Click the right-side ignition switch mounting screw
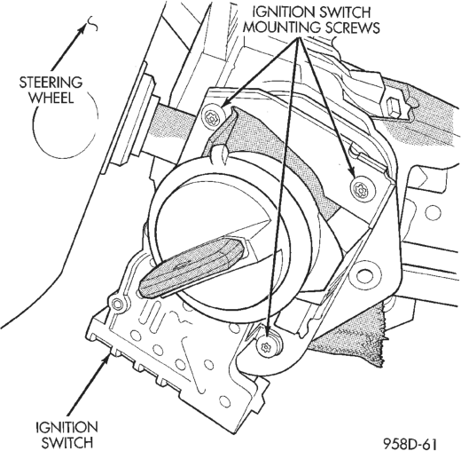click(362, 188)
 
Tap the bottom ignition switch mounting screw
click(267, 345)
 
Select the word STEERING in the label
click(51, 83)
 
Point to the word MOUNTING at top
click(282, 28)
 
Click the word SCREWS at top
click(351, 28)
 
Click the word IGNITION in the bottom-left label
click(66, 427)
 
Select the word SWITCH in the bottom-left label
click(67, 443)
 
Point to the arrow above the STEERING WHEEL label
click(69, 48)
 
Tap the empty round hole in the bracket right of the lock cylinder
click(363, 275)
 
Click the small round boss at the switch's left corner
click(118, 304)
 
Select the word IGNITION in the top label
click(279, 12)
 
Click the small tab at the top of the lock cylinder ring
click(219, 154)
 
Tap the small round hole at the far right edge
click(434, 212)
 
